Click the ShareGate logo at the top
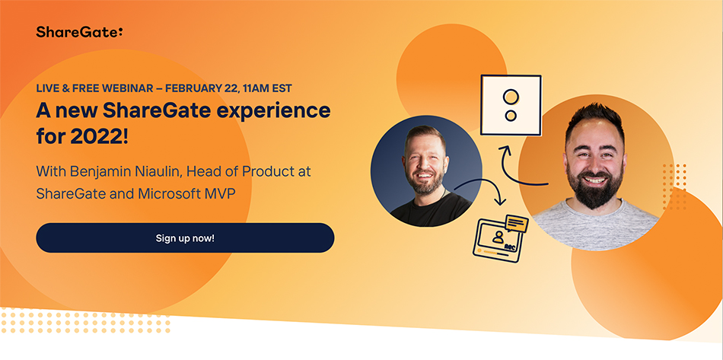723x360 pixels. point(78,31)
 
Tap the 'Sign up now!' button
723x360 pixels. point(185,237)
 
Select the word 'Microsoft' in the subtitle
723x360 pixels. point(171,193)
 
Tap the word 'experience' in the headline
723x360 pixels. point(275,111)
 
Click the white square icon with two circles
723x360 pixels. point(511,105)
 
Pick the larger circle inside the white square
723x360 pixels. point(511,97)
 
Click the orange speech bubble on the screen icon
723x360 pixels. point(516,224)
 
